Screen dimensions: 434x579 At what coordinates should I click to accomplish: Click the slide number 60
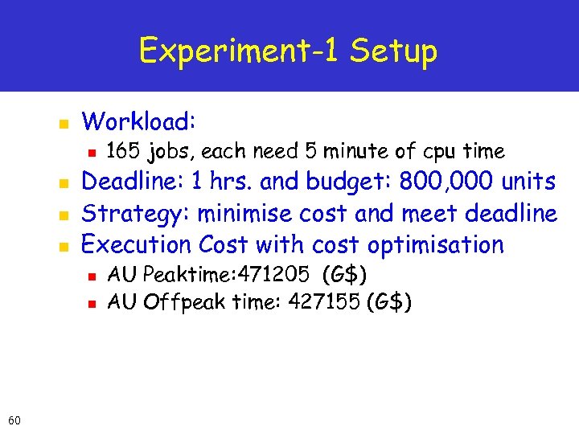[x=14, y=420]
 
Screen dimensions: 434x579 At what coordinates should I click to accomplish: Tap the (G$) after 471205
[x=344, y=276]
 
